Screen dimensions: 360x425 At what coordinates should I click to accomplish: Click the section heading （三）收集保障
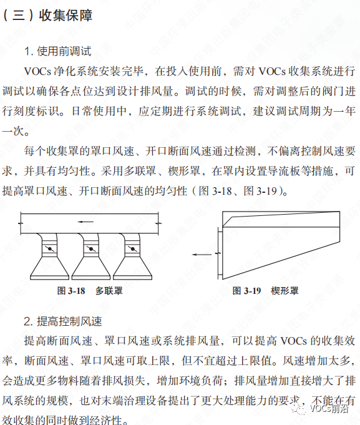(48, 16)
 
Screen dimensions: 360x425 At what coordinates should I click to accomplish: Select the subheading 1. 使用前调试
(57, 50)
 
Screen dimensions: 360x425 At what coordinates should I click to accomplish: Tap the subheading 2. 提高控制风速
(63, 321)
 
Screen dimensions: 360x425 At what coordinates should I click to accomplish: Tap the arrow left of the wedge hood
(203, 255)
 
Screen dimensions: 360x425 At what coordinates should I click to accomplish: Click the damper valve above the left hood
(50, 249)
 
